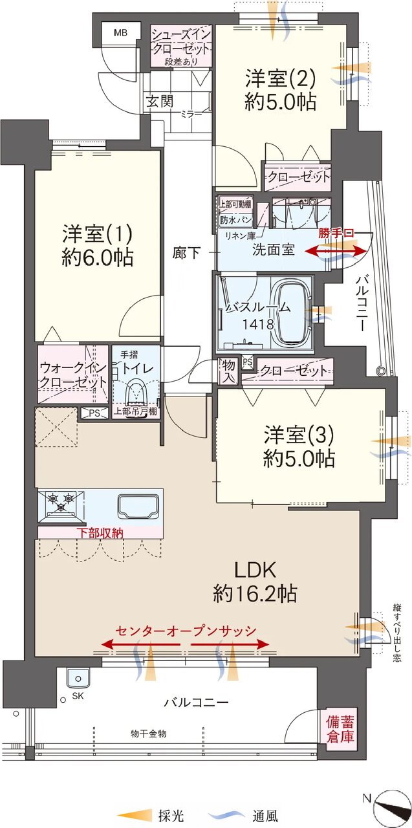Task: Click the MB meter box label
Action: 120,33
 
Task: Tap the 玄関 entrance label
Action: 160,101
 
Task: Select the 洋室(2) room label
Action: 280,78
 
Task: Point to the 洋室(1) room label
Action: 97,234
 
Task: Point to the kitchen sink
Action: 138,507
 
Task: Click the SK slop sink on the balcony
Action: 78,679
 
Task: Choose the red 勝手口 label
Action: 336,234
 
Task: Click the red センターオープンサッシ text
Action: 186,631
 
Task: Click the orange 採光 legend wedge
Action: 135,814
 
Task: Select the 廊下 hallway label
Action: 186,253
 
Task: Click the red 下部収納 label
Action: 100,532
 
